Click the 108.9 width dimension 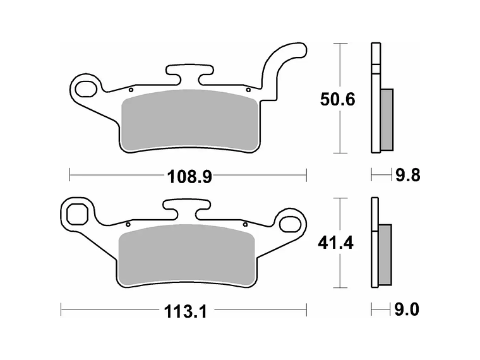point(189,177)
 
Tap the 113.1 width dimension point(186,311)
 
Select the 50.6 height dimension point(338,100)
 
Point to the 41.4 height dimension point(335,243)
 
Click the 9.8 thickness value point(408,176)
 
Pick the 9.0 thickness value point(407,309)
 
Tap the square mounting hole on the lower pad point(78,214)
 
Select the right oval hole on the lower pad point(290,224)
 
